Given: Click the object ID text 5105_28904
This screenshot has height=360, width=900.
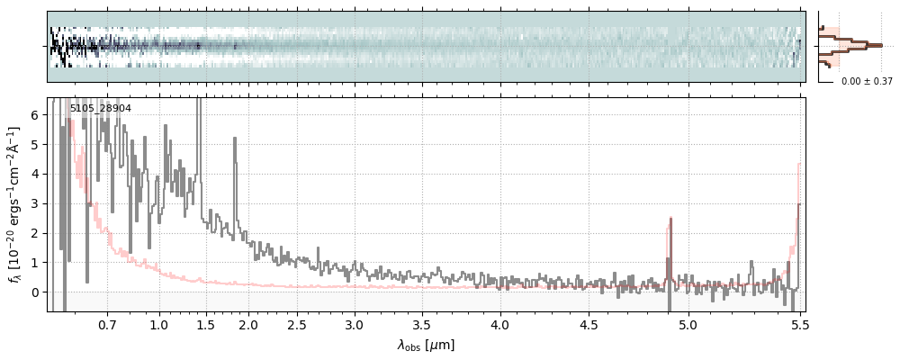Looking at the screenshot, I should pos(101,108).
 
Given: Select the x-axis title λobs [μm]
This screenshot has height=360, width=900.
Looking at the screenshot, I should pos(427,345).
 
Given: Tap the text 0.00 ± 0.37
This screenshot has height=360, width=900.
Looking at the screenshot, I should pos(867,82).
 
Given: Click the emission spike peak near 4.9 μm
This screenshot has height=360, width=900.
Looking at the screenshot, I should pos(670,219).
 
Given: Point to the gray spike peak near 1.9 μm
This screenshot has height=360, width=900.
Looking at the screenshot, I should pos(236,139).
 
